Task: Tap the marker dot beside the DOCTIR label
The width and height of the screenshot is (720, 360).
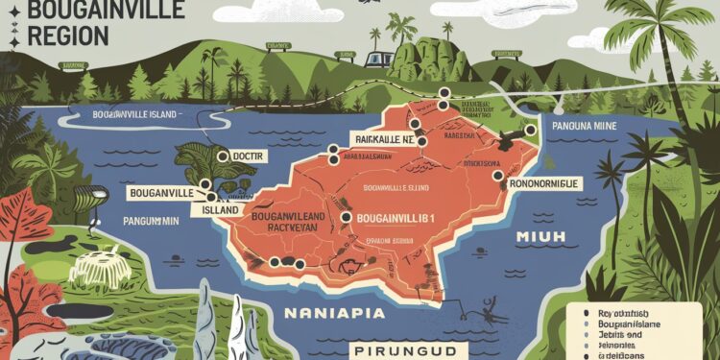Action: (x=223, y=156)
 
